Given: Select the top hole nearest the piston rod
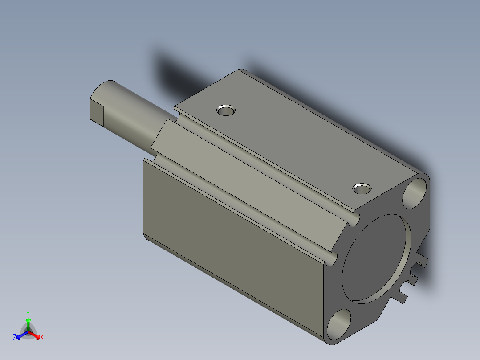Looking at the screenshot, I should click(x=226, y=110).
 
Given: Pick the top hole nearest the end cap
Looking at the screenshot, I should click(x=362, y=188).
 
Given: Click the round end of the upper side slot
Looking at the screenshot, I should click(x=355, y=219).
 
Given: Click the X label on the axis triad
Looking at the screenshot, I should click(x=42, y=338).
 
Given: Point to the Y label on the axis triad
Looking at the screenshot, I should click(x=28, y=313).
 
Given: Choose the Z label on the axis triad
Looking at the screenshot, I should click(x=15, y=338).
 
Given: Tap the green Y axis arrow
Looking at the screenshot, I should click(x=28, y=322).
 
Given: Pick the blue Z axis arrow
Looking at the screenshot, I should click(x=20, y=335).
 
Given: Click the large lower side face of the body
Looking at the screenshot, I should click(x=232, y=232).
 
